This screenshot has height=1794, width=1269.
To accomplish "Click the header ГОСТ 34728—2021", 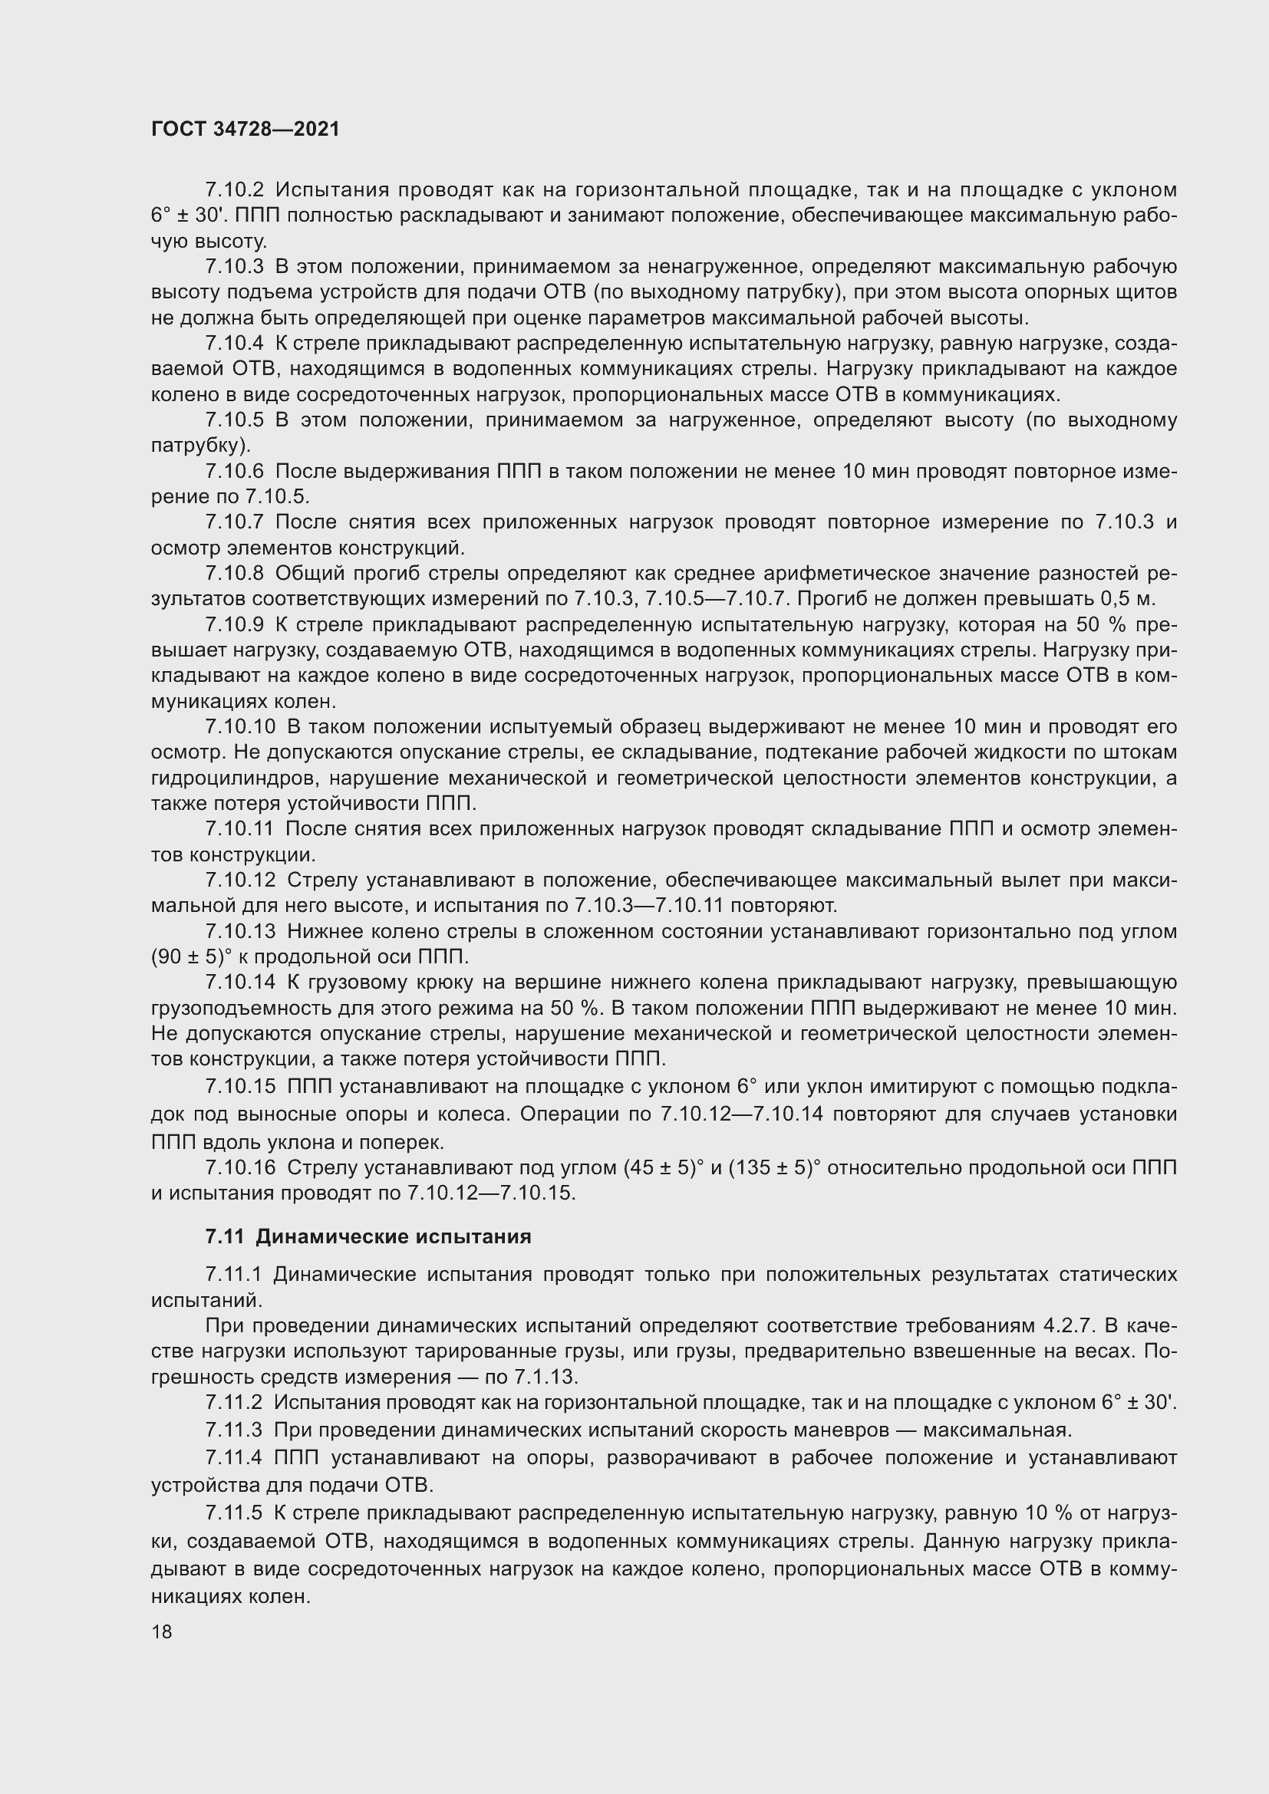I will pos(246,129).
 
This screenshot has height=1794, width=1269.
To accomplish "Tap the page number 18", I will pos(162,1631).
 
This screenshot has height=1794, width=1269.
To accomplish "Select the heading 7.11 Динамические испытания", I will pos(368,1236).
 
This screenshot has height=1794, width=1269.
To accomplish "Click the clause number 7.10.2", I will pos(235,190).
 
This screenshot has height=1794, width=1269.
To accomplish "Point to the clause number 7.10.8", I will pos(235,574).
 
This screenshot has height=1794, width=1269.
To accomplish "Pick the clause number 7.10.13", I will pos(240,931).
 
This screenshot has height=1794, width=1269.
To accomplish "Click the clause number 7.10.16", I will pos(240,1167).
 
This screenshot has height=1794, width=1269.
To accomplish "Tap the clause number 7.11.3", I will pos(234,1430).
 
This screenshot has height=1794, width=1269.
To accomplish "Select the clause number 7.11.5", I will pos(234,1513).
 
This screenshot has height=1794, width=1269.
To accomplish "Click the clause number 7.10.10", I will pos(240,726).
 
